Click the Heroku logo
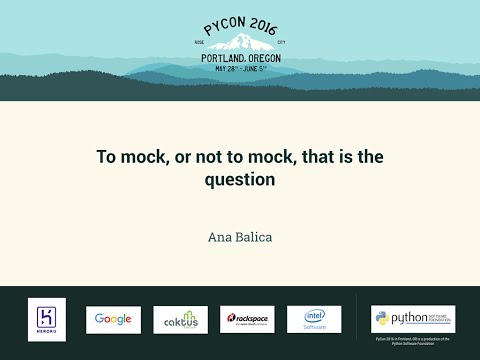coord(47,319)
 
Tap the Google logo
coord(113,319)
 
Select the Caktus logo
coord(180,319)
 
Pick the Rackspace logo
coord(247,319)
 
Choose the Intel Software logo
coord(314,319)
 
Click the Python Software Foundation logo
coord(413,319)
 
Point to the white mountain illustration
coord(241,43)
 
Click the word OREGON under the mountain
coord(263,58)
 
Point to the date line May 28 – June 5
coord(241,68)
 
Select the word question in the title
coord(240,182)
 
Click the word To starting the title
coord(104,157)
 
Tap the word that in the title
coord(306,157)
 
